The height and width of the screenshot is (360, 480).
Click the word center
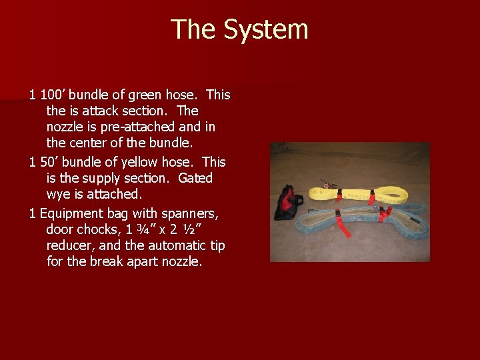pyautogui.click(x=91, y=143)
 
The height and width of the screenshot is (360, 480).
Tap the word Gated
pyautogui.click(x=195, y=178)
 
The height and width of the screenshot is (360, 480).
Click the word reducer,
pyautogui.click(x=72, y=246)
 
